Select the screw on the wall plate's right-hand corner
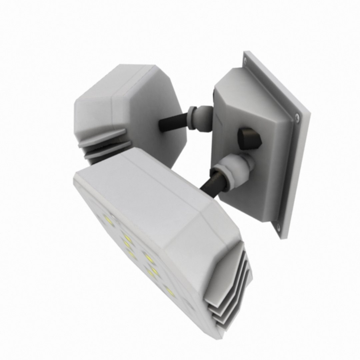[x=297, y=116]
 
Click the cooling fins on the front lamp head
[x=230, y=293]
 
